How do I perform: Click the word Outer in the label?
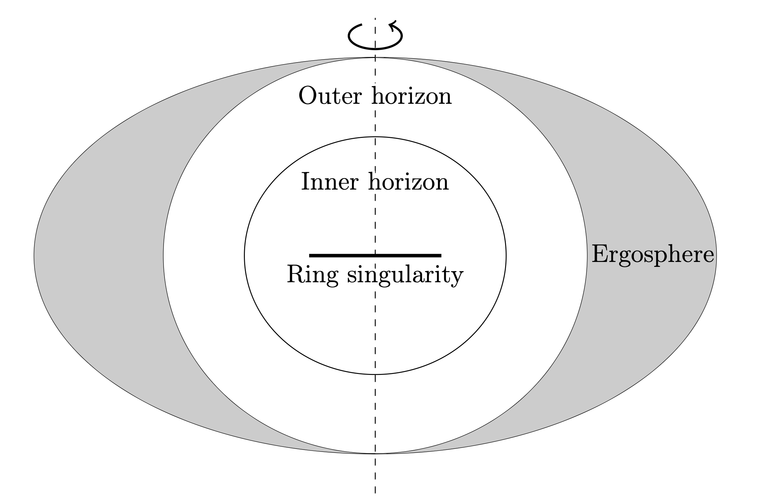coord(330,96)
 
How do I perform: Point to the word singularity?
coord(405,276)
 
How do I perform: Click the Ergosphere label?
coord(653,255)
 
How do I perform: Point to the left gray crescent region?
coord(98,255)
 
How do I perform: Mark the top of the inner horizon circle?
coord(375,137)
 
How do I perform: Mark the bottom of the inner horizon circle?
coord(375,374)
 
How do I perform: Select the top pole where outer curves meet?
coord(375,58)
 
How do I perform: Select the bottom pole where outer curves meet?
coord(375,454)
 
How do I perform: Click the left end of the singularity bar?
coord(310,255)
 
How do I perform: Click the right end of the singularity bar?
coord(440,255)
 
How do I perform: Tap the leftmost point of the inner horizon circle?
coord(245,255)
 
